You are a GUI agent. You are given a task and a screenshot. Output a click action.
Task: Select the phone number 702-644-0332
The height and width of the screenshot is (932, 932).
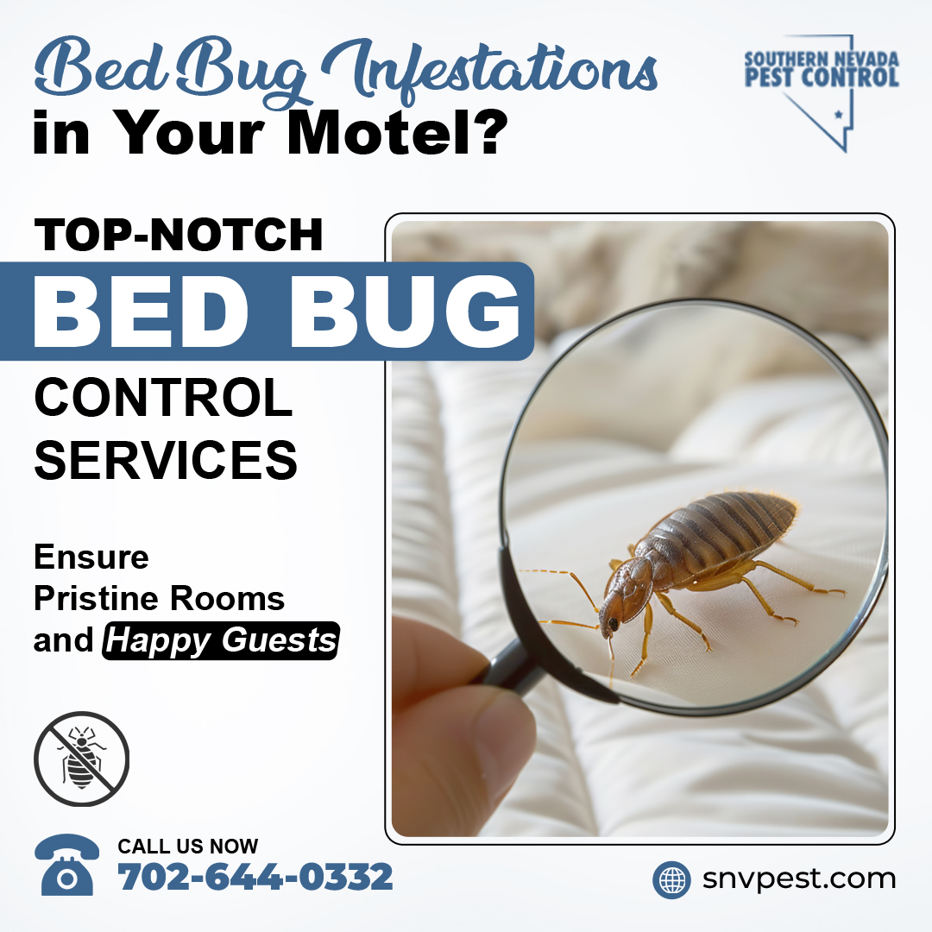(255, 878)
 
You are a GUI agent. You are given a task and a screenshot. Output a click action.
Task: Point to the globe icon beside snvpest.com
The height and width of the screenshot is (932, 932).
(671, 880)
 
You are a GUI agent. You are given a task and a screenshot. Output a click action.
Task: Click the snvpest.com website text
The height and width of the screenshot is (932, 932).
(798, 879)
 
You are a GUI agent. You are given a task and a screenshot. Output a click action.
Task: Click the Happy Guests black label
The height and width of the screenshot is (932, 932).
(221, 641)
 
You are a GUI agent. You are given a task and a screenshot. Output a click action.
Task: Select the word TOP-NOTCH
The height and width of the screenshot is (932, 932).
(179, 234)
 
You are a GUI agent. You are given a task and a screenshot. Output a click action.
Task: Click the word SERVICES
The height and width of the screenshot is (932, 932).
(166, 459)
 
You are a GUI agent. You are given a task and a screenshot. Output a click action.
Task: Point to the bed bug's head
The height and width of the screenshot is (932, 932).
(614, 614)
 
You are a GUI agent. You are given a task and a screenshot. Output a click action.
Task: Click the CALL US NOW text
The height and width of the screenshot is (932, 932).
(188, 846)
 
